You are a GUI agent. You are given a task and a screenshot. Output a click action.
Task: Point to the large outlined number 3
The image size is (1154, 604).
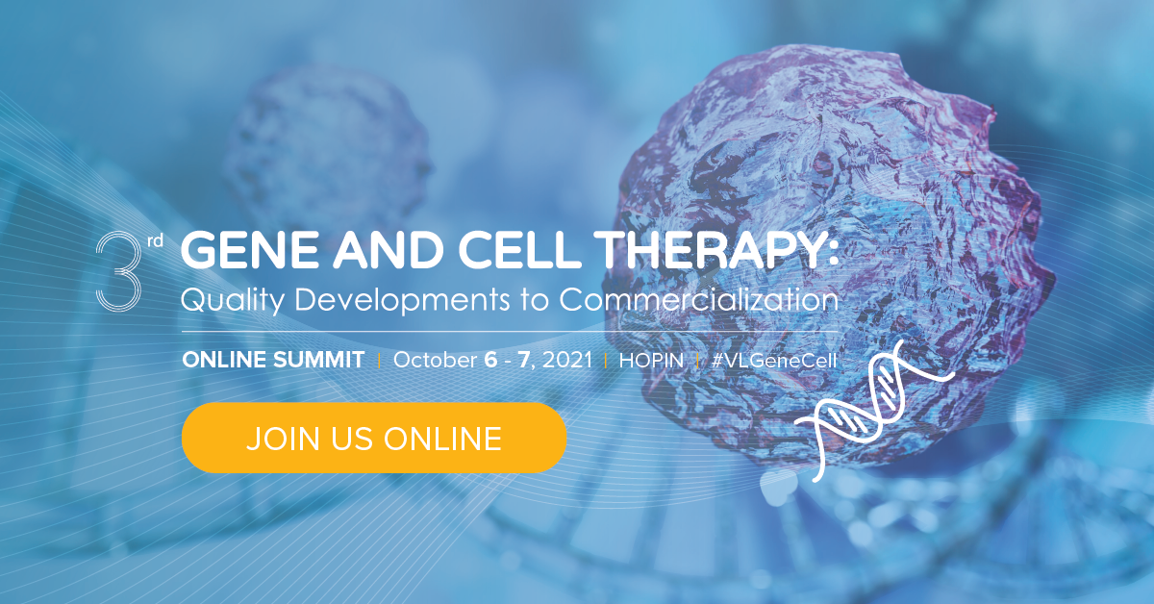(119, 271)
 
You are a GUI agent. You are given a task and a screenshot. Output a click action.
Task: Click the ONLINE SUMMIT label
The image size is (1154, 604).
(273, 361)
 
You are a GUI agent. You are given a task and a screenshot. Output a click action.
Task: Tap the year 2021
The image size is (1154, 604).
(567, 361)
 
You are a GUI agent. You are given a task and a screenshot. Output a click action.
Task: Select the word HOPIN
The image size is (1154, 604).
(650, 361)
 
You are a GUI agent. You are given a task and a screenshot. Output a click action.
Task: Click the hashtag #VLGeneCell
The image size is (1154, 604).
(774, 361)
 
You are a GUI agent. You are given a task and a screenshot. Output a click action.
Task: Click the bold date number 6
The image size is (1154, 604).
(490, 361)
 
